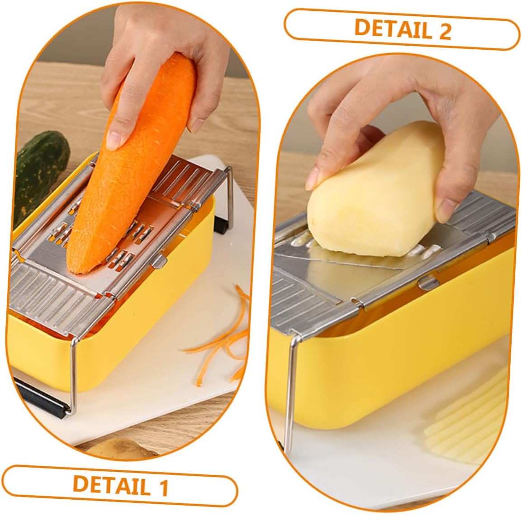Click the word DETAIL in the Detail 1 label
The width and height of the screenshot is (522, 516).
click(112, 485)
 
